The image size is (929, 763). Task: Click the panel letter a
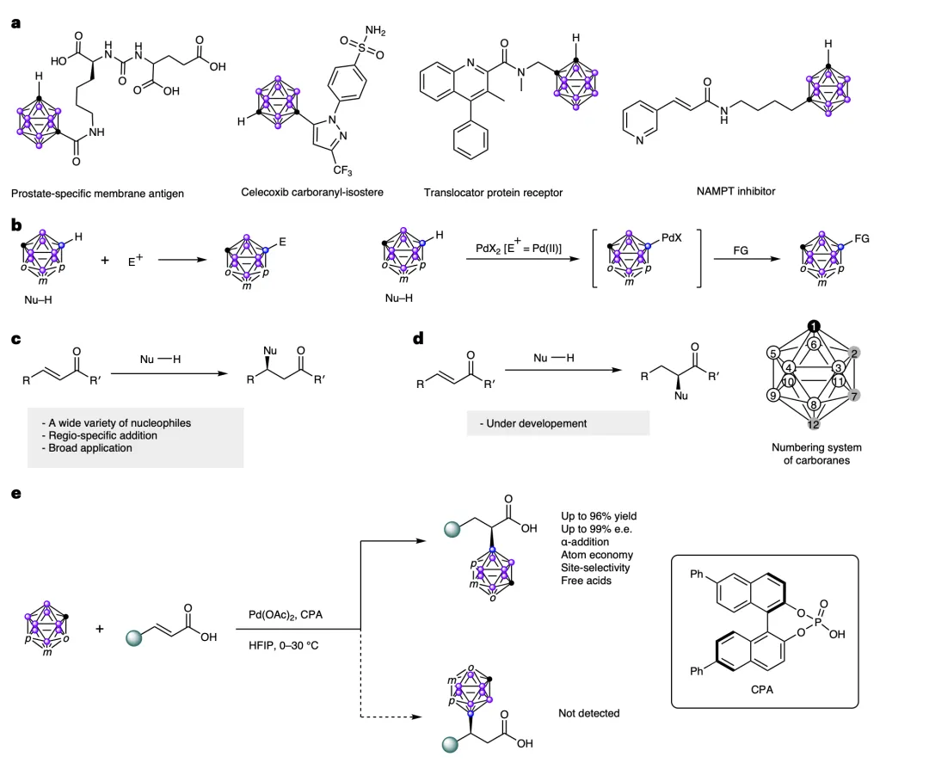(15, 24)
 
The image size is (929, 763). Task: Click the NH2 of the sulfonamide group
(374, 32)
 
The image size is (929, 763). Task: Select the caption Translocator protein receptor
(494, 193)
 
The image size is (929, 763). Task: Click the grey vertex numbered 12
(813, 424)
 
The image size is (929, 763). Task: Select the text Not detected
(588, 713)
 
